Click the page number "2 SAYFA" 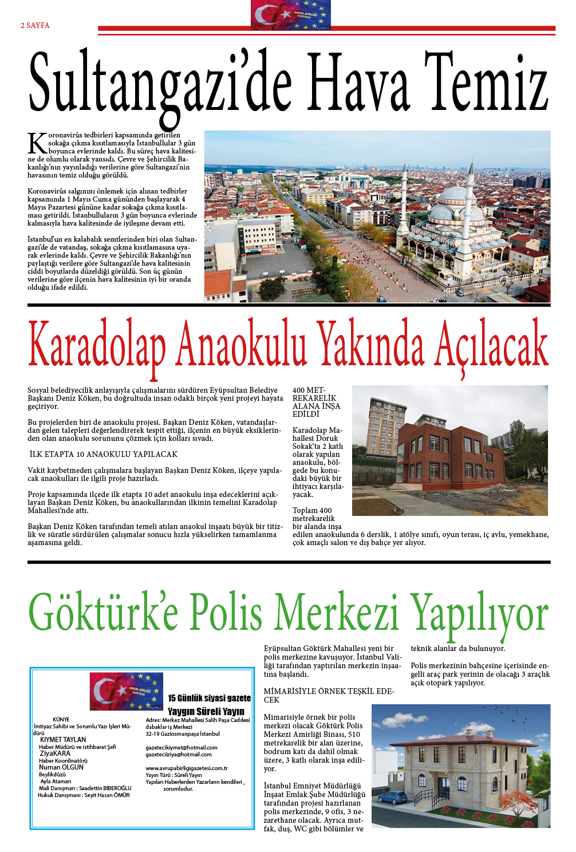tap(35, 26)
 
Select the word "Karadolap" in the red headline tap(97, 345)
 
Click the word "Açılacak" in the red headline tap(491, 345)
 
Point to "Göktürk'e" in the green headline tap(103, 613)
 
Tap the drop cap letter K tap(37, 143)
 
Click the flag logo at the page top tap(290, 15)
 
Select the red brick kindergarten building tap(452, 450)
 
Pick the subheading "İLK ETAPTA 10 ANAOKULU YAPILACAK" tap(104, 454)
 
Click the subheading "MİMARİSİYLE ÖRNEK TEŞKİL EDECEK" tap(329, 695)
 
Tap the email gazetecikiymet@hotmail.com tap(182, 747)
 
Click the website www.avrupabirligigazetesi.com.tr tap(186, 768)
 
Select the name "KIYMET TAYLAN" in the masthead tap(63, 740)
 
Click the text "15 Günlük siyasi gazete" tap(209, 698)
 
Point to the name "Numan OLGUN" tap(61, 767)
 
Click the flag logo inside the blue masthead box tap(127, 691)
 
